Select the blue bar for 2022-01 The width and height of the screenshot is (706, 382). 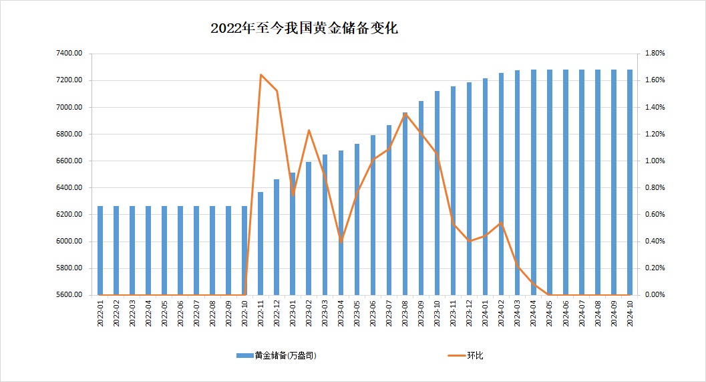100,250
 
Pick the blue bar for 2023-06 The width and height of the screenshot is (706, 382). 373,215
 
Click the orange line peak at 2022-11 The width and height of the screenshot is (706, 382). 260,74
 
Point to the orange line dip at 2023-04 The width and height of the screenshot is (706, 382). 341,241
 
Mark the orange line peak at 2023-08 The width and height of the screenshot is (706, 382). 405,114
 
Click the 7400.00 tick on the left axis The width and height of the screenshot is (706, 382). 69,54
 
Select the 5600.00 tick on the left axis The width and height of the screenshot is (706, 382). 69,295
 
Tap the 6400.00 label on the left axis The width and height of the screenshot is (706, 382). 69,188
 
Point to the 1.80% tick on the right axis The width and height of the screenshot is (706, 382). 654,54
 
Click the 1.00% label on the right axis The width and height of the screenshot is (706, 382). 654,161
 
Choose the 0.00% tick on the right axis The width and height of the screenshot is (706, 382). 654,295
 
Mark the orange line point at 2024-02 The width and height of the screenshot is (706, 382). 502,223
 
